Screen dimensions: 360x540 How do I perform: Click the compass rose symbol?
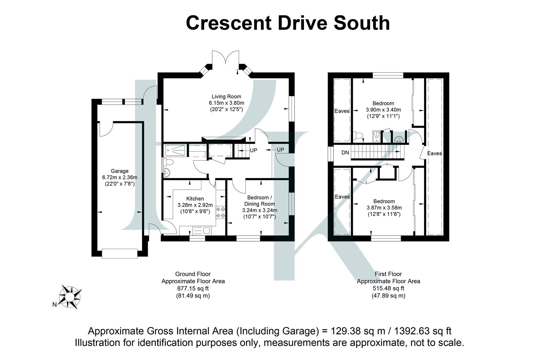(x=70, y=296)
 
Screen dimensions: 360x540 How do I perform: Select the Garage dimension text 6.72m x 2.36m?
(x=120, y=177)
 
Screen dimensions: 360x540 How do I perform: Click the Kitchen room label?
(x=195, y=199)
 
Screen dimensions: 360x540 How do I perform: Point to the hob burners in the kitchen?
(x=221, y=213)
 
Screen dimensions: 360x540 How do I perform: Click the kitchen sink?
(x=203, y=230)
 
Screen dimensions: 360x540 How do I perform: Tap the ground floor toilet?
(x=169, y=162)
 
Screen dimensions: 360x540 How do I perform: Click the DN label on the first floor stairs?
(x=345, y=153)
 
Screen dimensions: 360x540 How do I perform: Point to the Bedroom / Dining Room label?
(x=260, y=201)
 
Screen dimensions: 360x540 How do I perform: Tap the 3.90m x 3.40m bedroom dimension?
(x=383, y=110)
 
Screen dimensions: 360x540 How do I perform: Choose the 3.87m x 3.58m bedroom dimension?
(x=384, y=208)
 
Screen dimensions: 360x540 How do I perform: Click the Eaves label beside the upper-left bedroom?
(x=342, y=111)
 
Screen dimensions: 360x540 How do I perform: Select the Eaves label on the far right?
(x=434, y=153)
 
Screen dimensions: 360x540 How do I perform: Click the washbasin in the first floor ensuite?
(x=398, y=139)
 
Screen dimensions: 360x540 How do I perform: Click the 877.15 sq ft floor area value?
(x=193, y=288)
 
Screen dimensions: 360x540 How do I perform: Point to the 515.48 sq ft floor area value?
(x=388, y=288)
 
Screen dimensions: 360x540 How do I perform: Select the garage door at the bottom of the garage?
(x=120, y=253)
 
